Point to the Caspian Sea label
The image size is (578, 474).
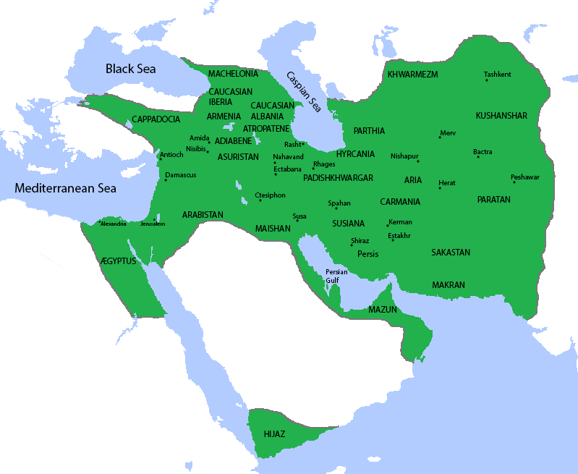[x=303, y=91]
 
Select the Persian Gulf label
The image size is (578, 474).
[x=336, y=276]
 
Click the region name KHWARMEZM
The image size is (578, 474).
[x=412, y=75]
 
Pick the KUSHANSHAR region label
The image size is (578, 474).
[x=501, y=116]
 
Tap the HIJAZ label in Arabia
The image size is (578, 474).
[x=275, y=433]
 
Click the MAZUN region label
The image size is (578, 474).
[x=383, y=309]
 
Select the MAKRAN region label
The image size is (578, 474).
[x=449, y=285]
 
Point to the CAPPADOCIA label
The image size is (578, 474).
[x=156, y=119]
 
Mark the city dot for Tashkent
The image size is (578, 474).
[x=487, y=80]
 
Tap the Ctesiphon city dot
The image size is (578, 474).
[x=260, y=200]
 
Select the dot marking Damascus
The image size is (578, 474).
[x=166, y=179]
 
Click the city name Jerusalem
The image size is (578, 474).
[x=153, y=224]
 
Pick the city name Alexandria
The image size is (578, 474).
[x=114, y=224]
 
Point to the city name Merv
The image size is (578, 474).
[x=448, y=132]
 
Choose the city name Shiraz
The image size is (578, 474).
[x=360, y=240]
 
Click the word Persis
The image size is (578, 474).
[x=367, y=254]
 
